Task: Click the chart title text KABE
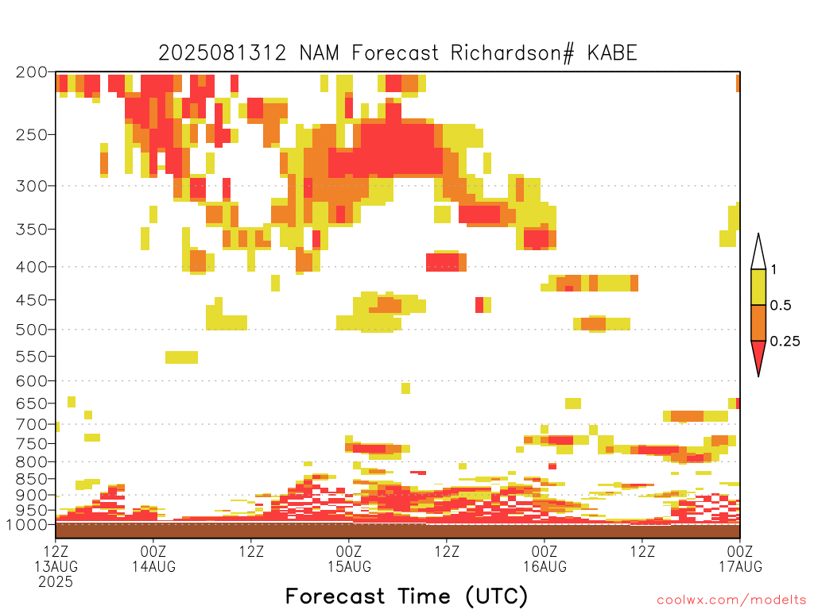click(x=612, y=53)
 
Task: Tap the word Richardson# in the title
click(x=513, y=53)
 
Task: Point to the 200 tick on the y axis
click(x=31, y=72)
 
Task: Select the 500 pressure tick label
click(x=31, y=330)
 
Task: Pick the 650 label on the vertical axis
click(x=31, y=403)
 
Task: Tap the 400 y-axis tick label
click(x=31, y=267)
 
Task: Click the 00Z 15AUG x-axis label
click(x=349, y=558)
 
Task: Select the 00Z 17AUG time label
click(x=740, y=558)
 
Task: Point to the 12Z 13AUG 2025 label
click(x=56, y=566)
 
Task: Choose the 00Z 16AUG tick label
click(x=545, y=558)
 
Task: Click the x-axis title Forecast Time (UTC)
click(x=406, y=596)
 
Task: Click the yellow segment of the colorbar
click(x=758, y=287)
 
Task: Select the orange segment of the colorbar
click(x=758, y=322)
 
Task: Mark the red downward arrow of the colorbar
click(x=758, y=355)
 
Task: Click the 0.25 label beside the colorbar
click(x=785, y=342)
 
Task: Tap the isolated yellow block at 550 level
click(x=182, y=357)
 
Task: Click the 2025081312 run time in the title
click(x=223, y=53)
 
